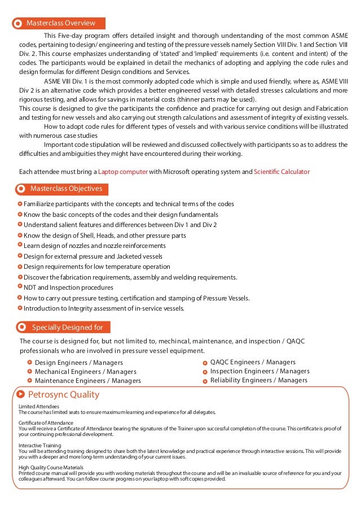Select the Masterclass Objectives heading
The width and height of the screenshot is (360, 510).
[66, 188]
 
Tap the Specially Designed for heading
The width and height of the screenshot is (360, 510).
[67, 326]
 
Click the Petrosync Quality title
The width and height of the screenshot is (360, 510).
[63, 394]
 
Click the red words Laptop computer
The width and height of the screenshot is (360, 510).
[123, 172]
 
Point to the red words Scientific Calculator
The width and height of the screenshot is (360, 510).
[282, 172]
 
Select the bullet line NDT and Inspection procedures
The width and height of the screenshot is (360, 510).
[68, 287]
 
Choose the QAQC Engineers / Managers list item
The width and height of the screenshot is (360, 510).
[253, 362]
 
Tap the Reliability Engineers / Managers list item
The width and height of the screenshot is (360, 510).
[258, 380]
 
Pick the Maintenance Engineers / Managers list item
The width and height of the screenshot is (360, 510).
[87, 381]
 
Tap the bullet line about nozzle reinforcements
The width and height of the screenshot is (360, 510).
[94, 246]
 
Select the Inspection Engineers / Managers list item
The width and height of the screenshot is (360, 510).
[260, 371]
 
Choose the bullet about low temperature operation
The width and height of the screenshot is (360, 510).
[96, 267]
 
